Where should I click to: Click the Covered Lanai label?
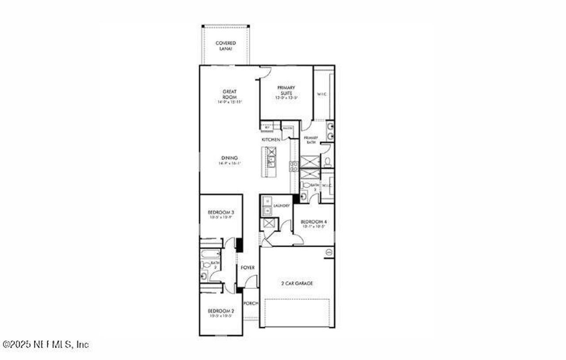coord(226,46)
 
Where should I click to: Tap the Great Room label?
coord(229,94)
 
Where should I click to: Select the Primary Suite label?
coord(286,90)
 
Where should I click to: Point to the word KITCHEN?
coord(271,140)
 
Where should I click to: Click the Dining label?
coord(229,158)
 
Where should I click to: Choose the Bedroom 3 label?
coord(220,212)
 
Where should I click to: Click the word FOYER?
coord(248,268)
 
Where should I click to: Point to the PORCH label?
coord(250,303)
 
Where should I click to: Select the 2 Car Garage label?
coord(297,283)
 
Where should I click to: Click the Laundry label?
coord(282,206)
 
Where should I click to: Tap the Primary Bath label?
coord(310,140)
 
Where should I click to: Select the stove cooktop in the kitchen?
coord(294,166)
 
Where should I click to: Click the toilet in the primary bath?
coord(327,162)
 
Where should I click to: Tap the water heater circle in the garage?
coord(329,252)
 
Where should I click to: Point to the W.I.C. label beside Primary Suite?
coord(321,94)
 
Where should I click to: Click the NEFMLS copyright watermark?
coord(46,345)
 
